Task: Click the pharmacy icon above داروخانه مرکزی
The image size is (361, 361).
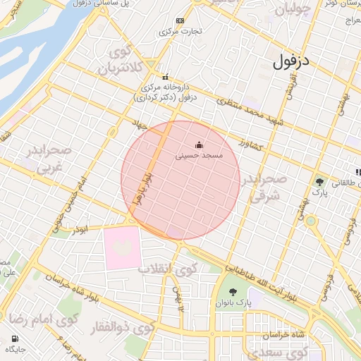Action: pos(165,77)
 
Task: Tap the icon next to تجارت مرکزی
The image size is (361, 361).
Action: pos(180,20)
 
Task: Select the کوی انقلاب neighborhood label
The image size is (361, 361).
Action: pos(166,269)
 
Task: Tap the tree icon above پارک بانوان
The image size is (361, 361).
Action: pos(233,292)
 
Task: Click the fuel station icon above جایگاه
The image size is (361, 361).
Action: pos(13,338)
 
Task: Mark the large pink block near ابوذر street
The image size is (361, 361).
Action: pos(122,247)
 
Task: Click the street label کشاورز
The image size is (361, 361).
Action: pos(250,144)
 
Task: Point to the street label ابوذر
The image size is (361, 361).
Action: pos(80,228)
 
